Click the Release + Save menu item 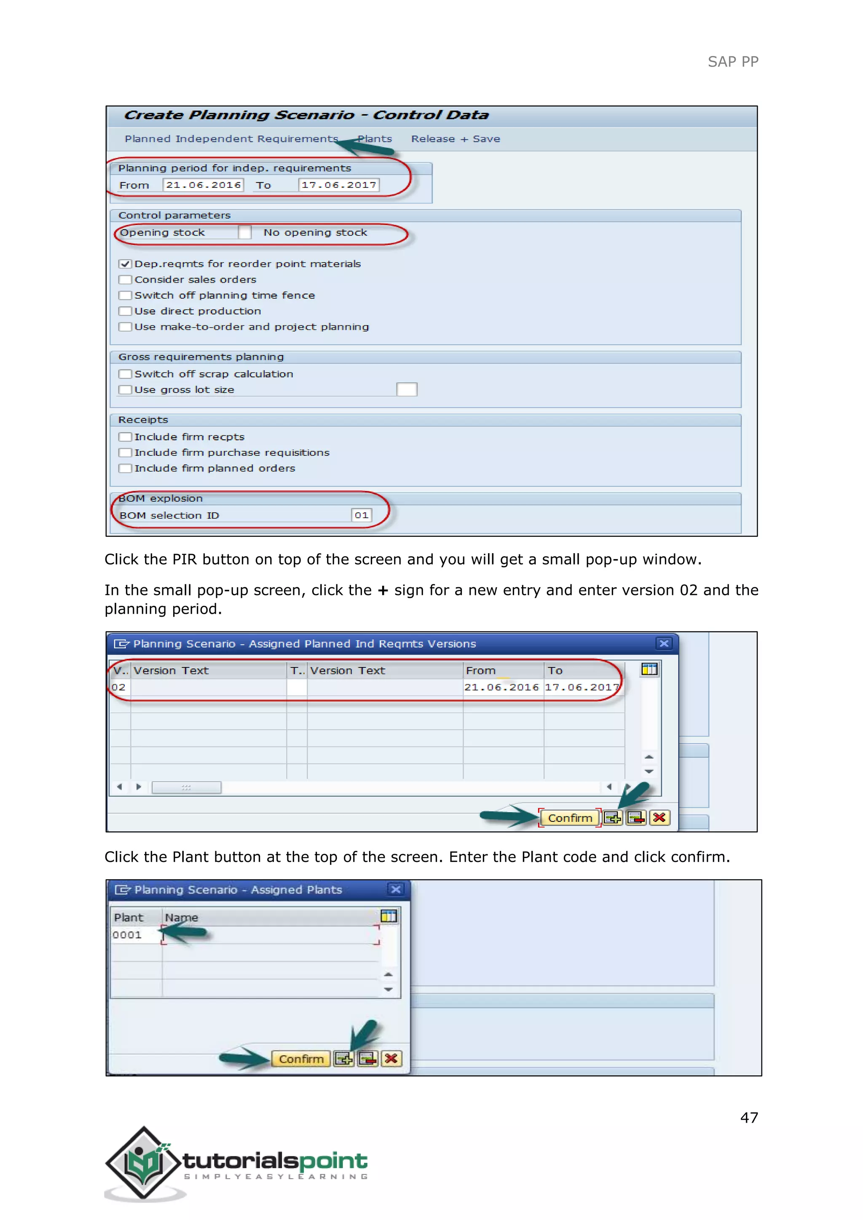456,139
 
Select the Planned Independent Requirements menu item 231,139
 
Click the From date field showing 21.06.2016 203,185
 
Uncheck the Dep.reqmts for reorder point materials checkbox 126,264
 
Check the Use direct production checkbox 126,311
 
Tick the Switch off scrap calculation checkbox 126,374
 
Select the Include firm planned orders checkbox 126,468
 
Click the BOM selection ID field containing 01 362,515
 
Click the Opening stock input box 244,232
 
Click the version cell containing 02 119,687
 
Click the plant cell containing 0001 128,935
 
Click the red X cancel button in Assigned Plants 391,1059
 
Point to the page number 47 749,1118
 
